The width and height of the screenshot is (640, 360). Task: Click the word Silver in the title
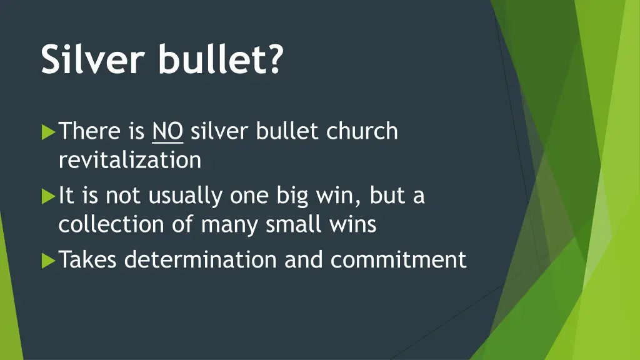94,60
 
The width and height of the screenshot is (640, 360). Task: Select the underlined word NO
167,131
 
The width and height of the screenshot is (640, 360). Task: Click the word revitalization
130,161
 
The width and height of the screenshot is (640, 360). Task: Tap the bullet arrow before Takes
48,260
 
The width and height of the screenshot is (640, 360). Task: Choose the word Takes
89,259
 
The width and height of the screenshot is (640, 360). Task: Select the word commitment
399,259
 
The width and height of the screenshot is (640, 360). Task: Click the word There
89,131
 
